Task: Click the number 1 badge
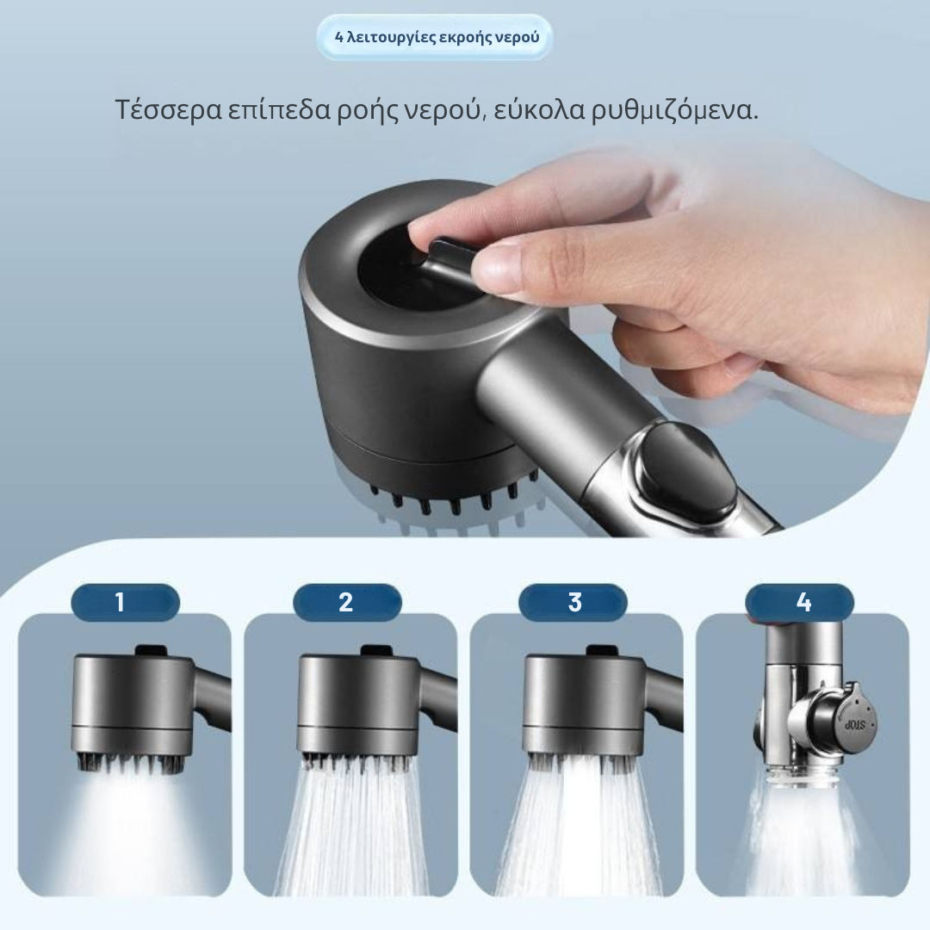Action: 125,602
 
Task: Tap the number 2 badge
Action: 347,602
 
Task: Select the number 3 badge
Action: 573,602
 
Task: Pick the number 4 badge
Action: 799,602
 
